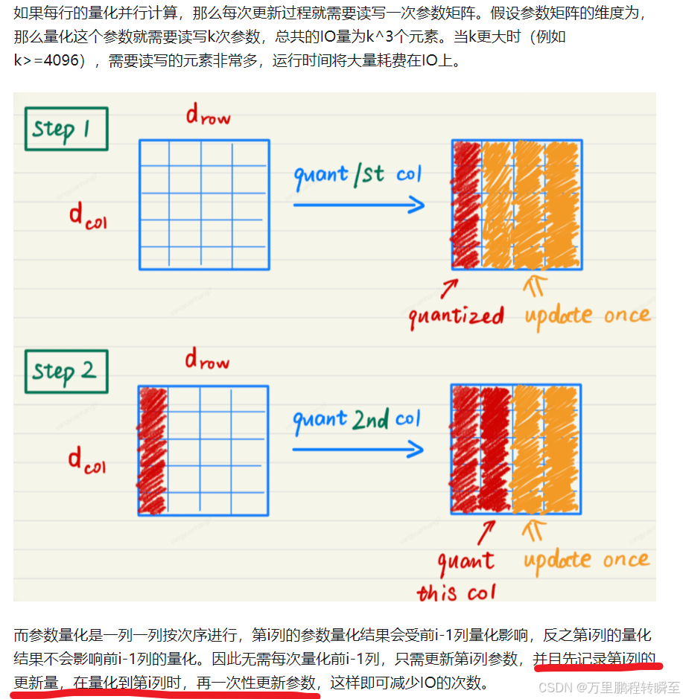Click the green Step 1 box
[x=66, y=129]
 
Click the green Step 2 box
[x=66, y=371]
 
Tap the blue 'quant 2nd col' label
[x=357, y=420]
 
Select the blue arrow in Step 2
[x=358, y=450]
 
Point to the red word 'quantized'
[x=456, y=316]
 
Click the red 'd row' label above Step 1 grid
[x=208, y=115]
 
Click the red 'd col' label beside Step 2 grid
[x=87, y=459]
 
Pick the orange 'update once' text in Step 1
[x=587, y=316]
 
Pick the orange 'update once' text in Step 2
[x=586, y=560]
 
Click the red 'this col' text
[x=456, y=593]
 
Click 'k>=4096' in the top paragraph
[x=46, y=60]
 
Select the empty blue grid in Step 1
[x=203, y=205]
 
